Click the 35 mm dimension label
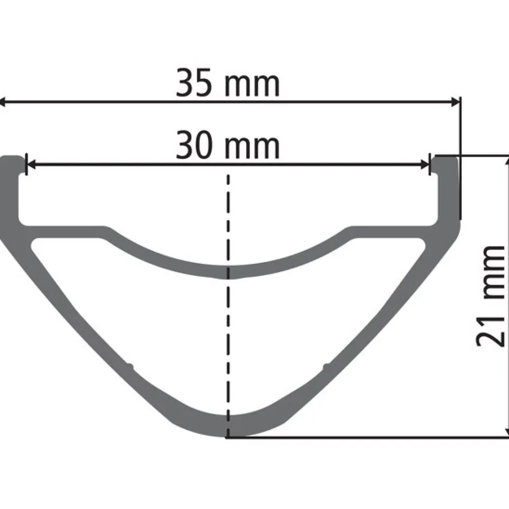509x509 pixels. (227, 83)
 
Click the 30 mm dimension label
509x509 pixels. (227, 145)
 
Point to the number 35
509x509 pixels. (194, 83)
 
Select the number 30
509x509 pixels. (194, 145)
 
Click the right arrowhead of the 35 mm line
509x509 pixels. (455, 102)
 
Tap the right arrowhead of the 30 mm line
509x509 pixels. (425, 164)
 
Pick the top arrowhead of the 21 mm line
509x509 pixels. (507, 162)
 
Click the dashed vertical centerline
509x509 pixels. (228, 305)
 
